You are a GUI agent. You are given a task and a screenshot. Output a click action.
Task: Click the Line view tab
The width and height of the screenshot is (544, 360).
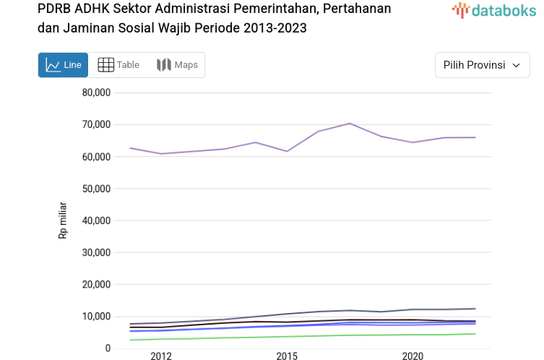click(x=64, y=65)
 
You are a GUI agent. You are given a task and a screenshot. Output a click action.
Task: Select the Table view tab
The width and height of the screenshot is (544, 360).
click(x=118, y=65)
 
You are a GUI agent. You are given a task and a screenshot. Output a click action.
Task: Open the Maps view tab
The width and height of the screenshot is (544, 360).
click(x=177, y=65)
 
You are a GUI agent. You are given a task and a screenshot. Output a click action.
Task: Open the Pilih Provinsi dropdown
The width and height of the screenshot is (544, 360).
click(x=482, y=65)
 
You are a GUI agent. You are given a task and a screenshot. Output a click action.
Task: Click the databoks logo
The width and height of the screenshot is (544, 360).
click(x=494, y=10)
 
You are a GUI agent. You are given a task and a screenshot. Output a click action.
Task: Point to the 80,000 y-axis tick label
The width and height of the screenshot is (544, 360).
click(x=96, y=93)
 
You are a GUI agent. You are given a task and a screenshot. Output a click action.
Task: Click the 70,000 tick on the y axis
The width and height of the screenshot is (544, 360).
click(x=96, y=124)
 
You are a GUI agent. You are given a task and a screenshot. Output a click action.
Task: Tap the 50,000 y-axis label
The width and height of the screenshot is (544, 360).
click(x=96, y=189)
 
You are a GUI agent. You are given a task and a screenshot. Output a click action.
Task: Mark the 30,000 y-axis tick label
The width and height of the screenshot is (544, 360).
click(x=96, y=252)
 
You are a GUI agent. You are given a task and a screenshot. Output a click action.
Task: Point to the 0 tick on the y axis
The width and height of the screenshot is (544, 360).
click(x=108, y=348)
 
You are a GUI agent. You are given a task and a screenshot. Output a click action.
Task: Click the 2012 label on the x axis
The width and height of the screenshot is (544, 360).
click(x=161, y=356)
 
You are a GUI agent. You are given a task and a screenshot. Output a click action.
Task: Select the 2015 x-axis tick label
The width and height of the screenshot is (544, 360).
click(x=287, y=356)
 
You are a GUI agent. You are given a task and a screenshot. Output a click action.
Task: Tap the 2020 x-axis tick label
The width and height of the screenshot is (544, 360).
click(x=413, y=356)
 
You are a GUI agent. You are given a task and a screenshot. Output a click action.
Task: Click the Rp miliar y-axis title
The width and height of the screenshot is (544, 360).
click(x=63, y=220)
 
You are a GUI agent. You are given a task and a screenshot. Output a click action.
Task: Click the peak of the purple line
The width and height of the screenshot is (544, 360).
click(x=350, y=124)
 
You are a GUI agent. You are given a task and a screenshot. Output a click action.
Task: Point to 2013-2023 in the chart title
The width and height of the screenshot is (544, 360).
click(x=269, y=28)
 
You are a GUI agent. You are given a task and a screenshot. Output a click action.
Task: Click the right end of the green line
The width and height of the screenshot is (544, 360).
click(x=475, y=334)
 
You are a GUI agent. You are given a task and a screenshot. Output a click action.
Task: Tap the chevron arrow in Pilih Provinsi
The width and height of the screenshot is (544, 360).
click(x=516, y=65)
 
